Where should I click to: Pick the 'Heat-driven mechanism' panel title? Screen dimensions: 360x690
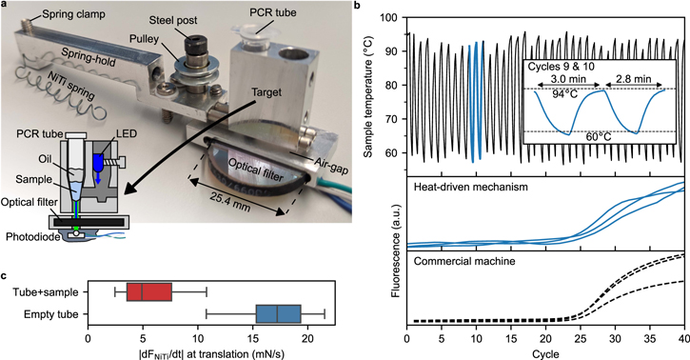[x=466, y=188]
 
